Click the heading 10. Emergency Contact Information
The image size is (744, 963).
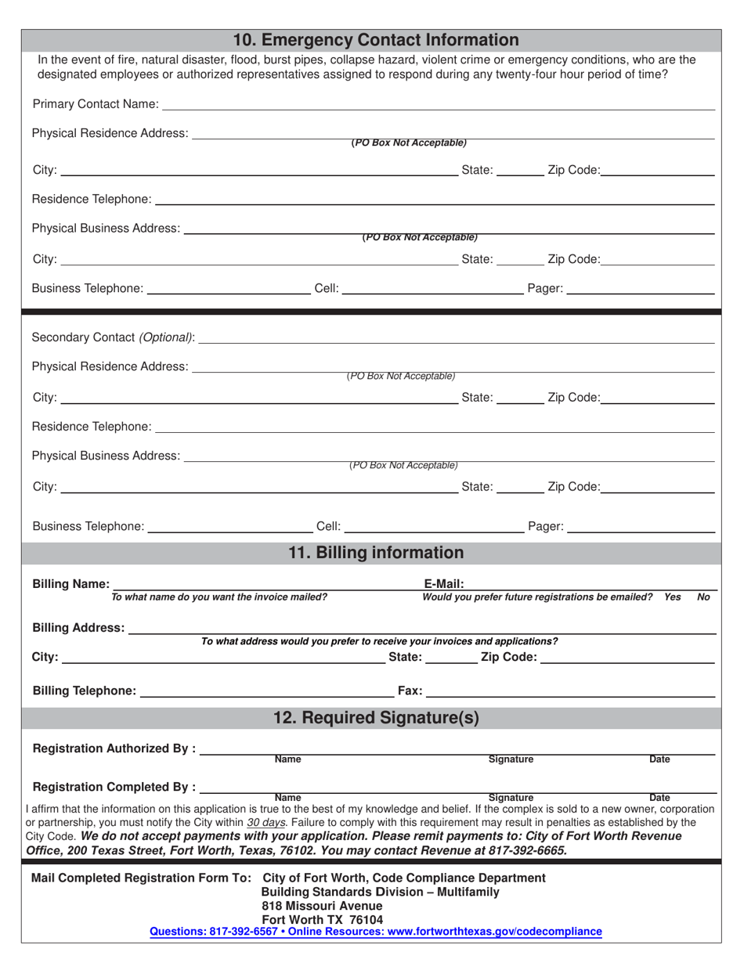coord(375,40)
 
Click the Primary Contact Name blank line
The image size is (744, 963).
coord(439,106)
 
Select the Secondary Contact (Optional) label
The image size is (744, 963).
coord(113,337)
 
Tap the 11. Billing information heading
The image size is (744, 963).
coord(375,553)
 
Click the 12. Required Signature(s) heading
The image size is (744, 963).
coord(375,718)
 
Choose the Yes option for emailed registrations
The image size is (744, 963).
coord(672,597)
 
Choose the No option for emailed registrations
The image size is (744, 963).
coord(703,597)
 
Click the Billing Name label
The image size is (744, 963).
coord(70,584)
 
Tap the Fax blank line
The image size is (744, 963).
coord(570,691)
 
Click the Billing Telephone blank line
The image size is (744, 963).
coord(266,691)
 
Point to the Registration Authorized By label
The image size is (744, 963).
coord(114,748)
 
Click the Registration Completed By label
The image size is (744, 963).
coord(114,787)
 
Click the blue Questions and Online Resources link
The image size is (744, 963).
coord(375,932)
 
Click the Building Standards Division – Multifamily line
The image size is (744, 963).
coord(380,892)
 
